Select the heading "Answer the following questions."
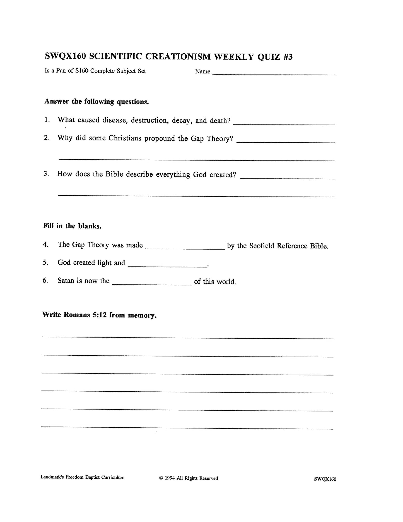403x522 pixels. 96,101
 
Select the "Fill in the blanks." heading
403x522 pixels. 72,226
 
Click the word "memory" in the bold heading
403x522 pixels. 142,316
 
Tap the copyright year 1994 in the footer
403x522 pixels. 170,478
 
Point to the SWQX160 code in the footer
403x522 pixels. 325,479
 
